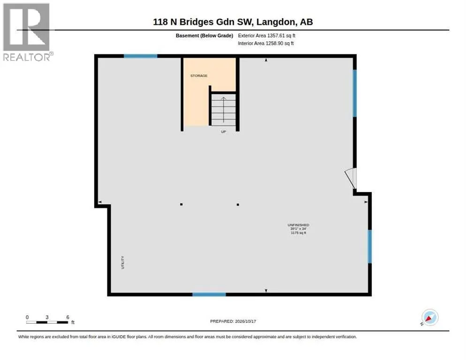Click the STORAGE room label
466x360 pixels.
click(x=199, y=76)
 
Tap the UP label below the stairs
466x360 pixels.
click(x=224, y=132)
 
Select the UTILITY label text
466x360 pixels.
click(x=122, y=262)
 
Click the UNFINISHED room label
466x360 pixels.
click(x=298, y=225)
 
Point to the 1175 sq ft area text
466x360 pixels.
click(x=298, y=233)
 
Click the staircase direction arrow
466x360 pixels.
click(x=224, y=110)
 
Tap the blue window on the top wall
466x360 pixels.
click(x=140, y=56)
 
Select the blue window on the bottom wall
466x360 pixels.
click(x=209, y=294)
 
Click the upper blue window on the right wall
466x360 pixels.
click(x=354, y=93)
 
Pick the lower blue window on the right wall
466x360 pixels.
click(x=370, y=247)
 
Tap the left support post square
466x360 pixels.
click(x=181, y=204)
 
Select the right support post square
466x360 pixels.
click(x=238, y=204)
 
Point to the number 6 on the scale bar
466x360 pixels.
click(x=68, y=317)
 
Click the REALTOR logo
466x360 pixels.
click(x=27, y=32)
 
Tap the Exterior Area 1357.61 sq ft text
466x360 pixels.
click(x=267, y=36)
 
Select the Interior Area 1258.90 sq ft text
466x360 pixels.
click(x=266, y=44)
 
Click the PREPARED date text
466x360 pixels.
click(x=233, y=322)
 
